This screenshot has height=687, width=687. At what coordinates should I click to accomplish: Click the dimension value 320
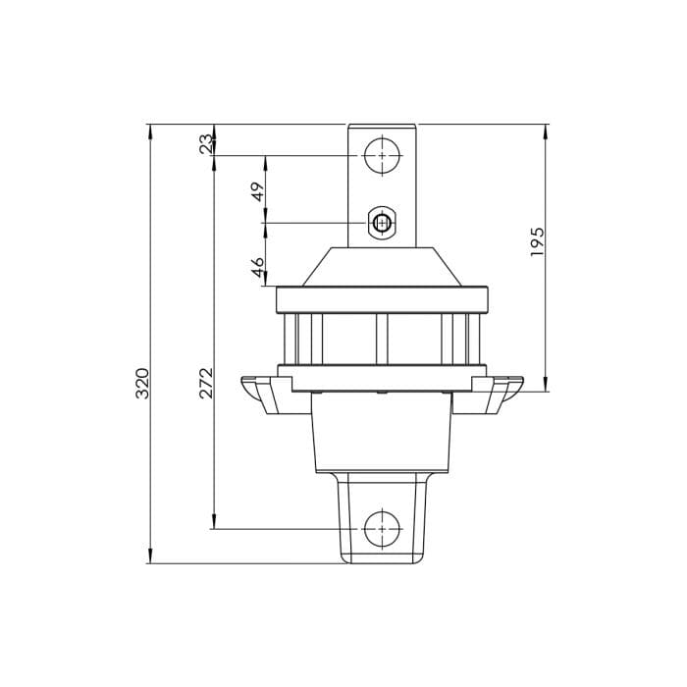click(142, 383)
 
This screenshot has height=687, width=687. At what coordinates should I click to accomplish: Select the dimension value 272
click(206, 383)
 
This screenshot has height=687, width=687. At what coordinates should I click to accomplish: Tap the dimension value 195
click(537, 241)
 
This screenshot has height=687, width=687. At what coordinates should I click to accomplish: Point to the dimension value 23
click(205, 143)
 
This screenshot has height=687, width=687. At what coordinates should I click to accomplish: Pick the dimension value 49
click(258, 191)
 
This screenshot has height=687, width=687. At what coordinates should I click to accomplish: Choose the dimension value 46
click(258, 267)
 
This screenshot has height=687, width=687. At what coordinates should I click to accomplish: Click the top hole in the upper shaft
click(382, 155)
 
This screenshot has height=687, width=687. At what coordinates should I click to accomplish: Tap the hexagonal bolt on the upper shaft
click(382, 224)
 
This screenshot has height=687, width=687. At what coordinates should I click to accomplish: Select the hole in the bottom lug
click(382, 529)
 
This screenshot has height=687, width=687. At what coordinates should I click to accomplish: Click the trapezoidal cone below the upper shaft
click(382, 267)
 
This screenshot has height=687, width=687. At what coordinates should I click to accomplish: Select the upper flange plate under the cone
click(382, 299)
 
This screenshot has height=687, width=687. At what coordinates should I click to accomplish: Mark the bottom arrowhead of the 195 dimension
click(547, 386)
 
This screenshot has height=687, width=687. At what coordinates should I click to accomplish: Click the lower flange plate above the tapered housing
click(382, 378)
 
